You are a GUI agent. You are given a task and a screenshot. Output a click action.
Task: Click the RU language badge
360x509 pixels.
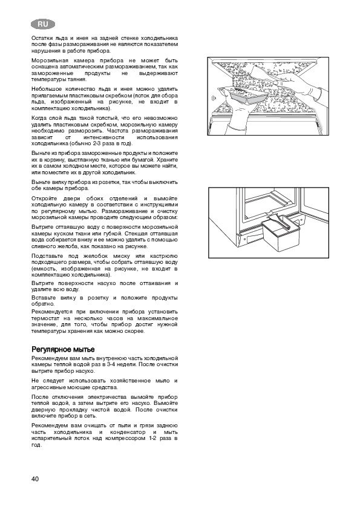[43, 24]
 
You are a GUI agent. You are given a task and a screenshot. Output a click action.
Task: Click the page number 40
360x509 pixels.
[35, 479]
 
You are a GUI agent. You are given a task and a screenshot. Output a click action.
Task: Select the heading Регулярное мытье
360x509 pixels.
[64, 350]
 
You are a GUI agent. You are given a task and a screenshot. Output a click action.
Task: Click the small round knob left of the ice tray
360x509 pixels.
[212, 97]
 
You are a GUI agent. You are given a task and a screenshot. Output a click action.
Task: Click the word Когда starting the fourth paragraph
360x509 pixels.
[39, 118]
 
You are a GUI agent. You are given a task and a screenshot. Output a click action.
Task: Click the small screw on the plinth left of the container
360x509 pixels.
[241, 234]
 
